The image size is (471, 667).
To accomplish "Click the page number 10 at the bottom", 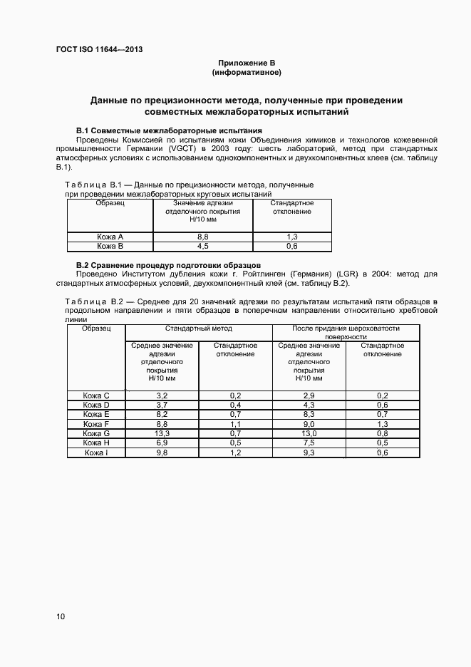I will click(60, 616).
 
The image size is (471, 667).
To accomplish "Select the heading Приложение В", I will click(247, 63).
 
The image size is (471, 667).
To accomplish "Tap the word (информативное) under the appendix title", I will click(247, 73).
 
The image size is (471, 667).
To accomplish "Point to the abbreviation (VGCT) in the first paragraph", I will click(183, 149).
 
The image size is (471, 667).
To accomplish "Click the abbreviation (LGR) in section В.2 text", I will click(351, 273).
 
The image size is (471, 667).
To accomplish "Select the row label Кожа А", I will click(110, 237).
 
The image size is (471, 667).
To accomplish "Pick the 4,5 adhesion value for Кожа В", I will click(202, 246).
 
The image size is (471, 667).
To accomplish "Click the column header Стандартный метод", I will click(199, 329).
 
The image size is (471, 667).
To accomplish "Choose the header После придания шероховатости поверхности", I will click(346, 333).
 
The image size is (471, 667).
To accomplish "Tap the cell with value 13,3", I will click(162, 433).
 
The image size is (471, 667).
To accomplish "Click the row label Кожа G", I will click(96, 433).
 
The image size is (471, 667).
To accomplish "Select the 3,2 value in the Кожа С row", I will click(162, 395).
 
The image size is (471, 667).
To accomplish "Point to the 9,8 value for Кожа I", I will click(162, 452).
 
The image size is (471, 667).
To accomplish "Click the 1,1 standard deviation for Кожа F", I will click(236, 423).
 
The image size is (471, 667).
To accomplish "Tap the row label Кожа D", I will click(96, 404).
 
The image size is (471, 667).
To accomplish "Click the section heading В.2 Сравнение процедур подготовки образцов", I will click(168, 264).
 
